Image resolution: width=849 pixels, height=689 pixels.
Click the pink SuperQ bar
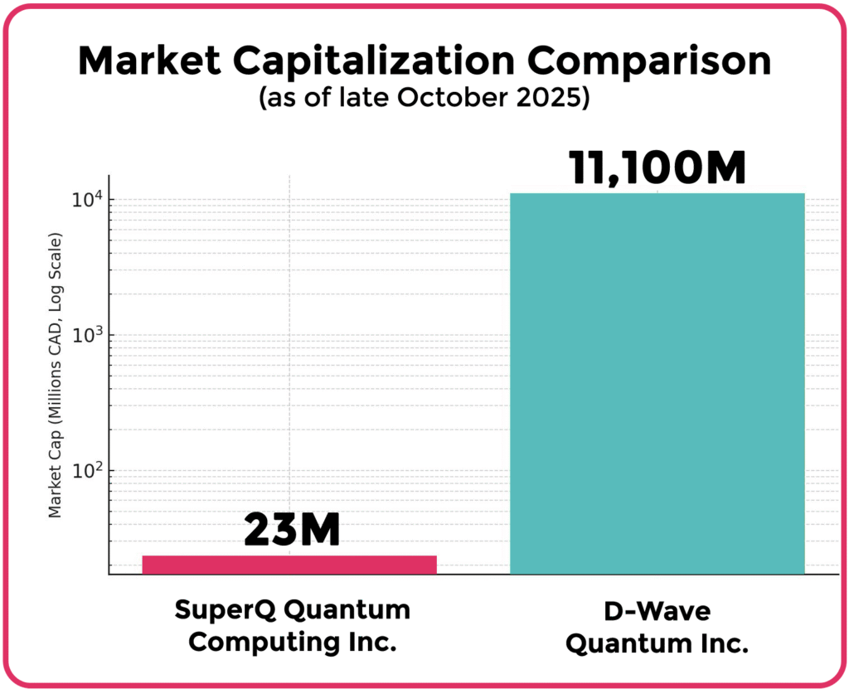[x=289, y=565]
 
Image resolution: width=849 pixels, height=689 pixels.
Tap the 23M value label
[x=292, y=531]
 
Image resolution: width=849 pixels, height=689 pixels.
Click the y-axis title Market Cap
[x=56, y=377]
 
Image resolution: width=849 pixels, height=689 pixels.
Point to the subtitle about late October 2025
[x=424, y=98]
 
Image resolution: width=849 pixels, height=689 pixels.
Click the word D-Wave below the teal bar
[x=657, y=611]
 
